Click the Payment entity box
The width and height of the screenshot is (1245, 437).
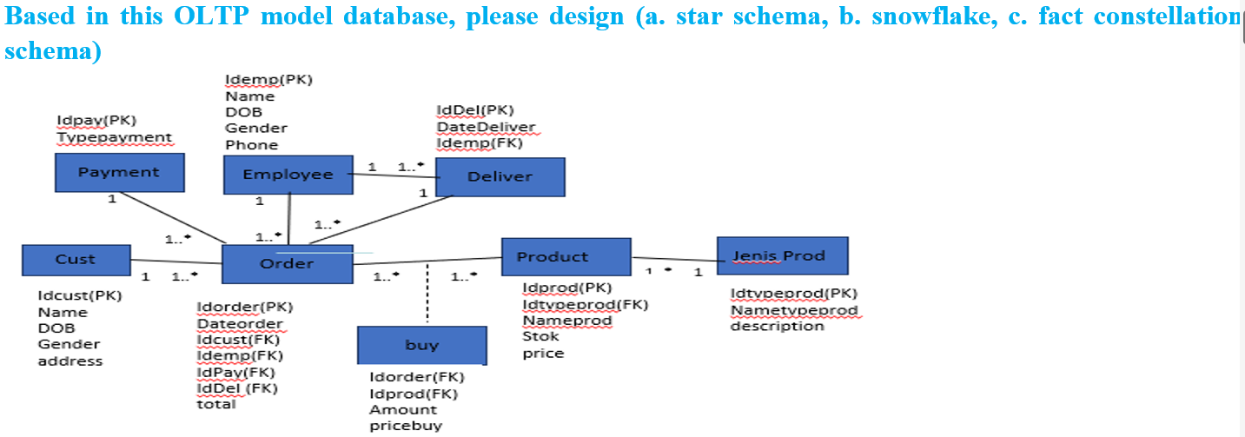pyautogui.click(x=119, y=172)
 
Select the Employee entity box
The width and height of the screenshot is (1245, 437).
pyautogui.click(x=288, y=175)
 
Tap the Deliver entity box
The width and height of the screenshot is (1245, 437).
pyautogui.click(x=500, y=176)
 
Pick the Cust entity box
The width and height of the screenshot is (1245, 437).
pyautogui.click(x=76, y=259)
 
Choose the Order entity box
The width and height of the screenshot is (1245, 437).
pyautogui.click(x=288, y=263)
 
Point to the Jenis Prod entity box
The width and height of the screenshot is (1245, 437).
pyautogui.click(x=782, y=256)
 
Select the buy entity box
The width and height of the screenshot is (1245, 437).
pyautogui.click(x=422, y=345)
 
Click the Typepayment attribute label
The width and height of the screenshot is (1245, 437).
pyautogui.click(x=115, y=137)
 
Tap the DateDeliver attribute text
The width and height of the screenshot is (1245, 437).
pyautogui.click(x=487, y=127)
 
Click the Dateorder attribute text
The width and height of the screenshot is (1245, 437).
pyautogui.click(x=240, y=323)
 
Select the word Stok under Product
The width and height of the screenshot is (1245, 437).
pyautogui.click(x=540, y=336)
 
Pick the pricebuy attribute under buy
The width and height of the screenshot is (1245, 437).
pyautogui.click(x=406, y=426)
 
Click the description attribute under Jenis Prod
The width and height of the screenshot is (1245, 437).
pyautogui.click(x=777, y=326)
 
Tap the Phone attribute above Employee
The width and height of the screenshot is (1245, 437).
pyautogui.click(x=252, y=144)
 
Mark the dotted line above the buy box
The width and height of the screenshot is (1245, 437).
pyautogui.click(x=428, y=295)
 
